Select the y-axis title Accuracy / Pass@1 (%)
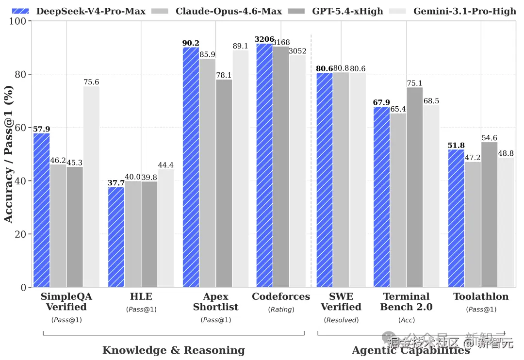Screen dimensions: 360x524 pos(9,155)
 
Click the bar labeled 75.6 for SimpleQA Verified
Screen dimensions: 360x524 pos(91,187)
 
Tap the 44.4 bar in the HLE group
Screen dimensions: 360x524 pos(165,228)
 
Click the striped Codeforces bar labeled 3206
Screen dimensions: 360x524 pos(264,165)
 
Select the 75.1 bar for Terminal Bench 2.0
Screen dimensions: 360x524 pos(414,187)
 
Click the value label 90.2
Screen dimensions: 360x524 pos(191,43)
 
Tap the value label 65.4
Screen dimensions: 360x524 pos(399,109)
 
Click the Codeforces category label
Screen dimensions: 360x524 pos(280,296)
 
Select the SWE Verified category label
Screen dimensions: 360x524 pos(341,301)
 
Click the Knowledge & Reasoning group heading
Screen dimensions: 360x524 pos(173,350)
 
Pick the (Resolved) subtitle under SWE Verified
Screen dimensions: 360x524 pos(341,320)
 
